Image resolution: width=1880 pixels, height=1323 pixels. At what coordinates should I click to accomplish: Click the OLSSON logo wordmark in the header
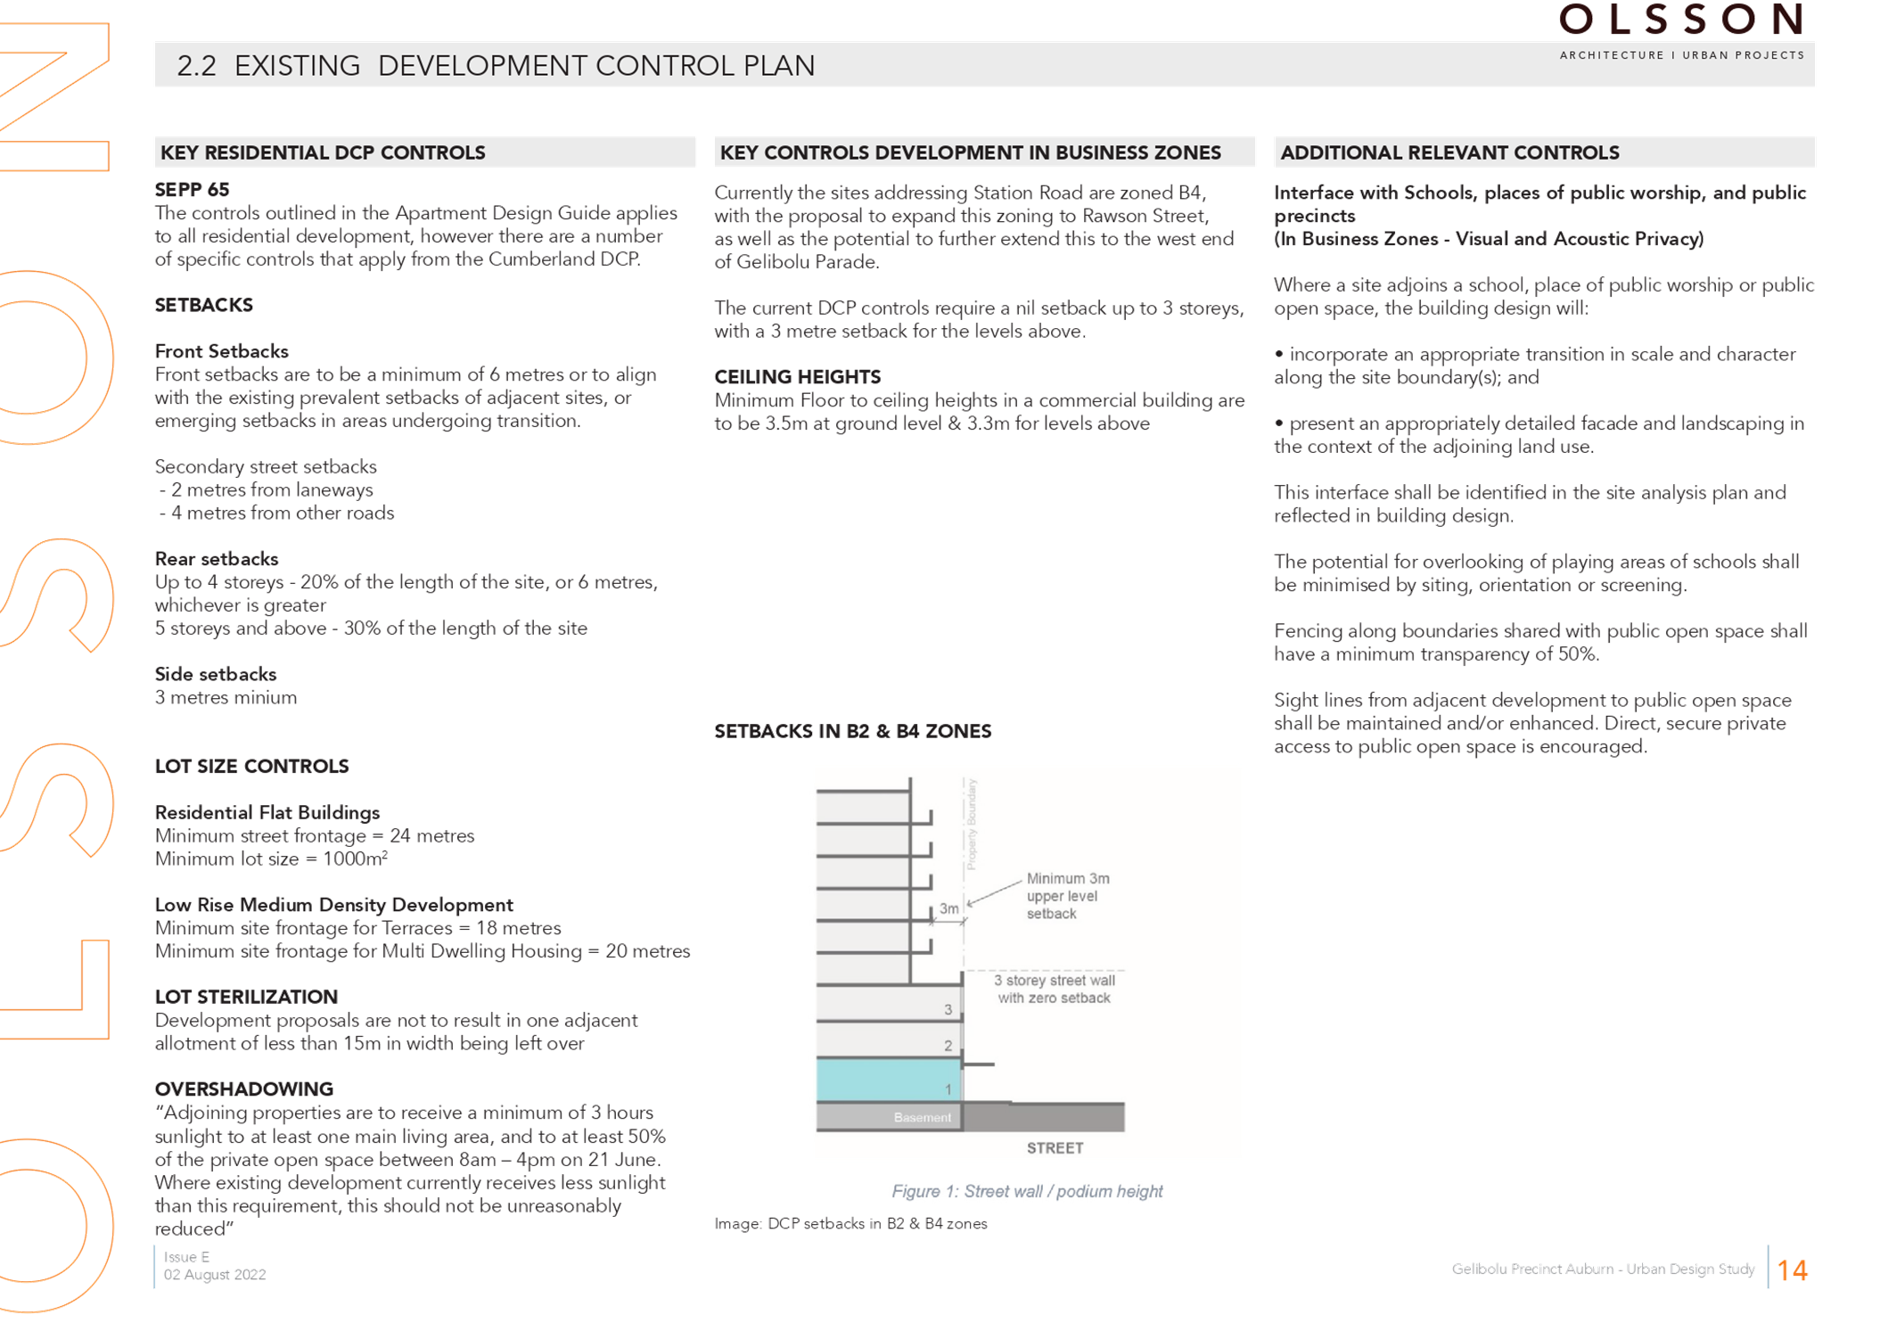pos(1681,19)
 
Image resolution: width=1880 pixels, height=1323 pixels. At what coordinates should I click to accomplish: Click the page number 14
pos(1792,1270)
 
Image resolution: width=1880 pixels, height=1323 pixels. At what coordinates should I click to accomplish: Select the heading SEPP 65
pos(192,190)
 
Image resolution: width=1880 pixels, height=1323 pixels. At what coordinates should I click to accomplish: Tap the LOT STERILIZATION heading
pos(246,997)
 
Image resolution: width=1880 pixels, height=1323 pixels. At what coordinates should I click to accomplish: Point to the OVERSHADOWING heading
pos(244,1089)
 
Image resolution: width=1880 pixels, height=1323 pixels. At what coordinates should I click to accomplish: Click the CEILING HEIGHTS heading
pos(798,377)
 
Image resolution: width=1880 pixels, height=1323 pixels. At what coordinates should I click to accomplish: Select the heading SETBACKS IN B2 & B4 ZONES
pos(853,731)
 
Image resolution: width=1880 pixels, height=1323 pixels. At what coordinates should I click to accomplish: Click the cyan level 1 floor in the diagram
pos(889,1079)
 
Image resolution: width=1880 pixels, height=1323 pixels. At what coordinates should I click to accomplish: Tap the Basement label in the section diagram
pos(923,1117)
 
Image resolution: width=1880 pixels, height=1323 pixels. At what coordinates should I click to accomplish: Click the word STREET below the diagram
pos(1055,1148)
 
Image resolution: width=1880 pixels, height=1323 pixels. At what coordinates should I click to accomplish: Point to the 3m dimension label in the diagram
pos(949,908)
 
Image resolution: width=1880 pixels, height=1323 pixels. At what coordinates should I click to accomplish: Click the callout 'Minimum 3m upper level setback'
pos(1068,896)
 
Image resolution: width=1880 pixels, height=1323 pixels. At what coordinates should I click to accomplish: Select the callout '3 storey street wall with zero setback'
pos(1055,989)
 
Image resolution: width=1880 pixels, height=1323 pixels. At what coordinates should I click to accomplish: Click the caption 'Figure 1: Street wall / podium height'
pos(1027,1191)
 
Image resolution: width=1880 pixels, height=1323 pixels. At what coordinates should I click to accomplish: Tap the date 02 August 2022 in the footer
pos(215,1275)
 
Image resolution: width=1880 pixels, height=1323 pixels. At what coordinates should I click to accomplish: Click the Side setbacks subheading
pos(216,675)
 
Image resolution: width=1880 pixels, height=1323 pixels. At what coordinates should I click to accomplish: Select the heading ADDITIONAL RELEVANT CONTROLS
pos(1449,152)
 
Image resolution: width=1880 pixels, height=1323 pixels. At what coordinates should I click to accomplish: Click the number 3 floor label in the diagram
pos(948,1009)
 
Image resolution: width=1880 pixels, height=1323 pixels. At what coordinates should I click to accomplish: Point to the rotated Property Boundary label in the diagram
pos(972,824)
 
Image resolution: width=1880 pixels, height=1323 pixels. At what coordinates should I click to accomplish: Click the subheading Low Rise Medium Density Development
pos(334,905)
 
